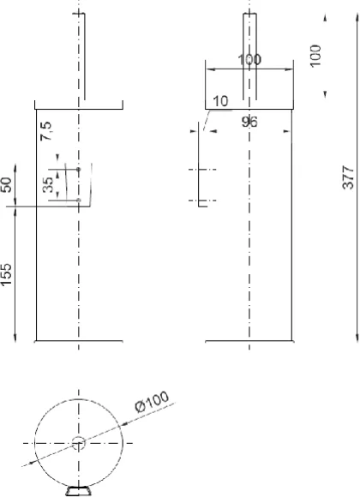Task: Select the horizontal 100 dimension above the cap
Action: click(x=249, y=60)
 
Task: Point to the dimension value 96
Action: click(x=249, y=122)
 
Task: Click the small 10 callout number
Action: click(x=220, y=101)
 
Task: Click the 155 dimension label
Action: click(x=8, y=277)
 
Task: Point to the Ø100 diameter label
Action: click(x=153, y=400)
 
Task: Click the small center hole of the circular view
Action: click(x=79, y=443)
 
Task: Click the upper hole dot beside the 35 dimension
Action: click(x=79, y=170)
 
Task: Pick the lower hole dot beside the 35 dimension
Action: click(x=79, y=200)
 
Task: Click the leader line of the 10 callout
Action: click(x=206, y=114)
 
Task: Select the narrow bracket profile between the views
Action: click(x=199, y=163)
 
